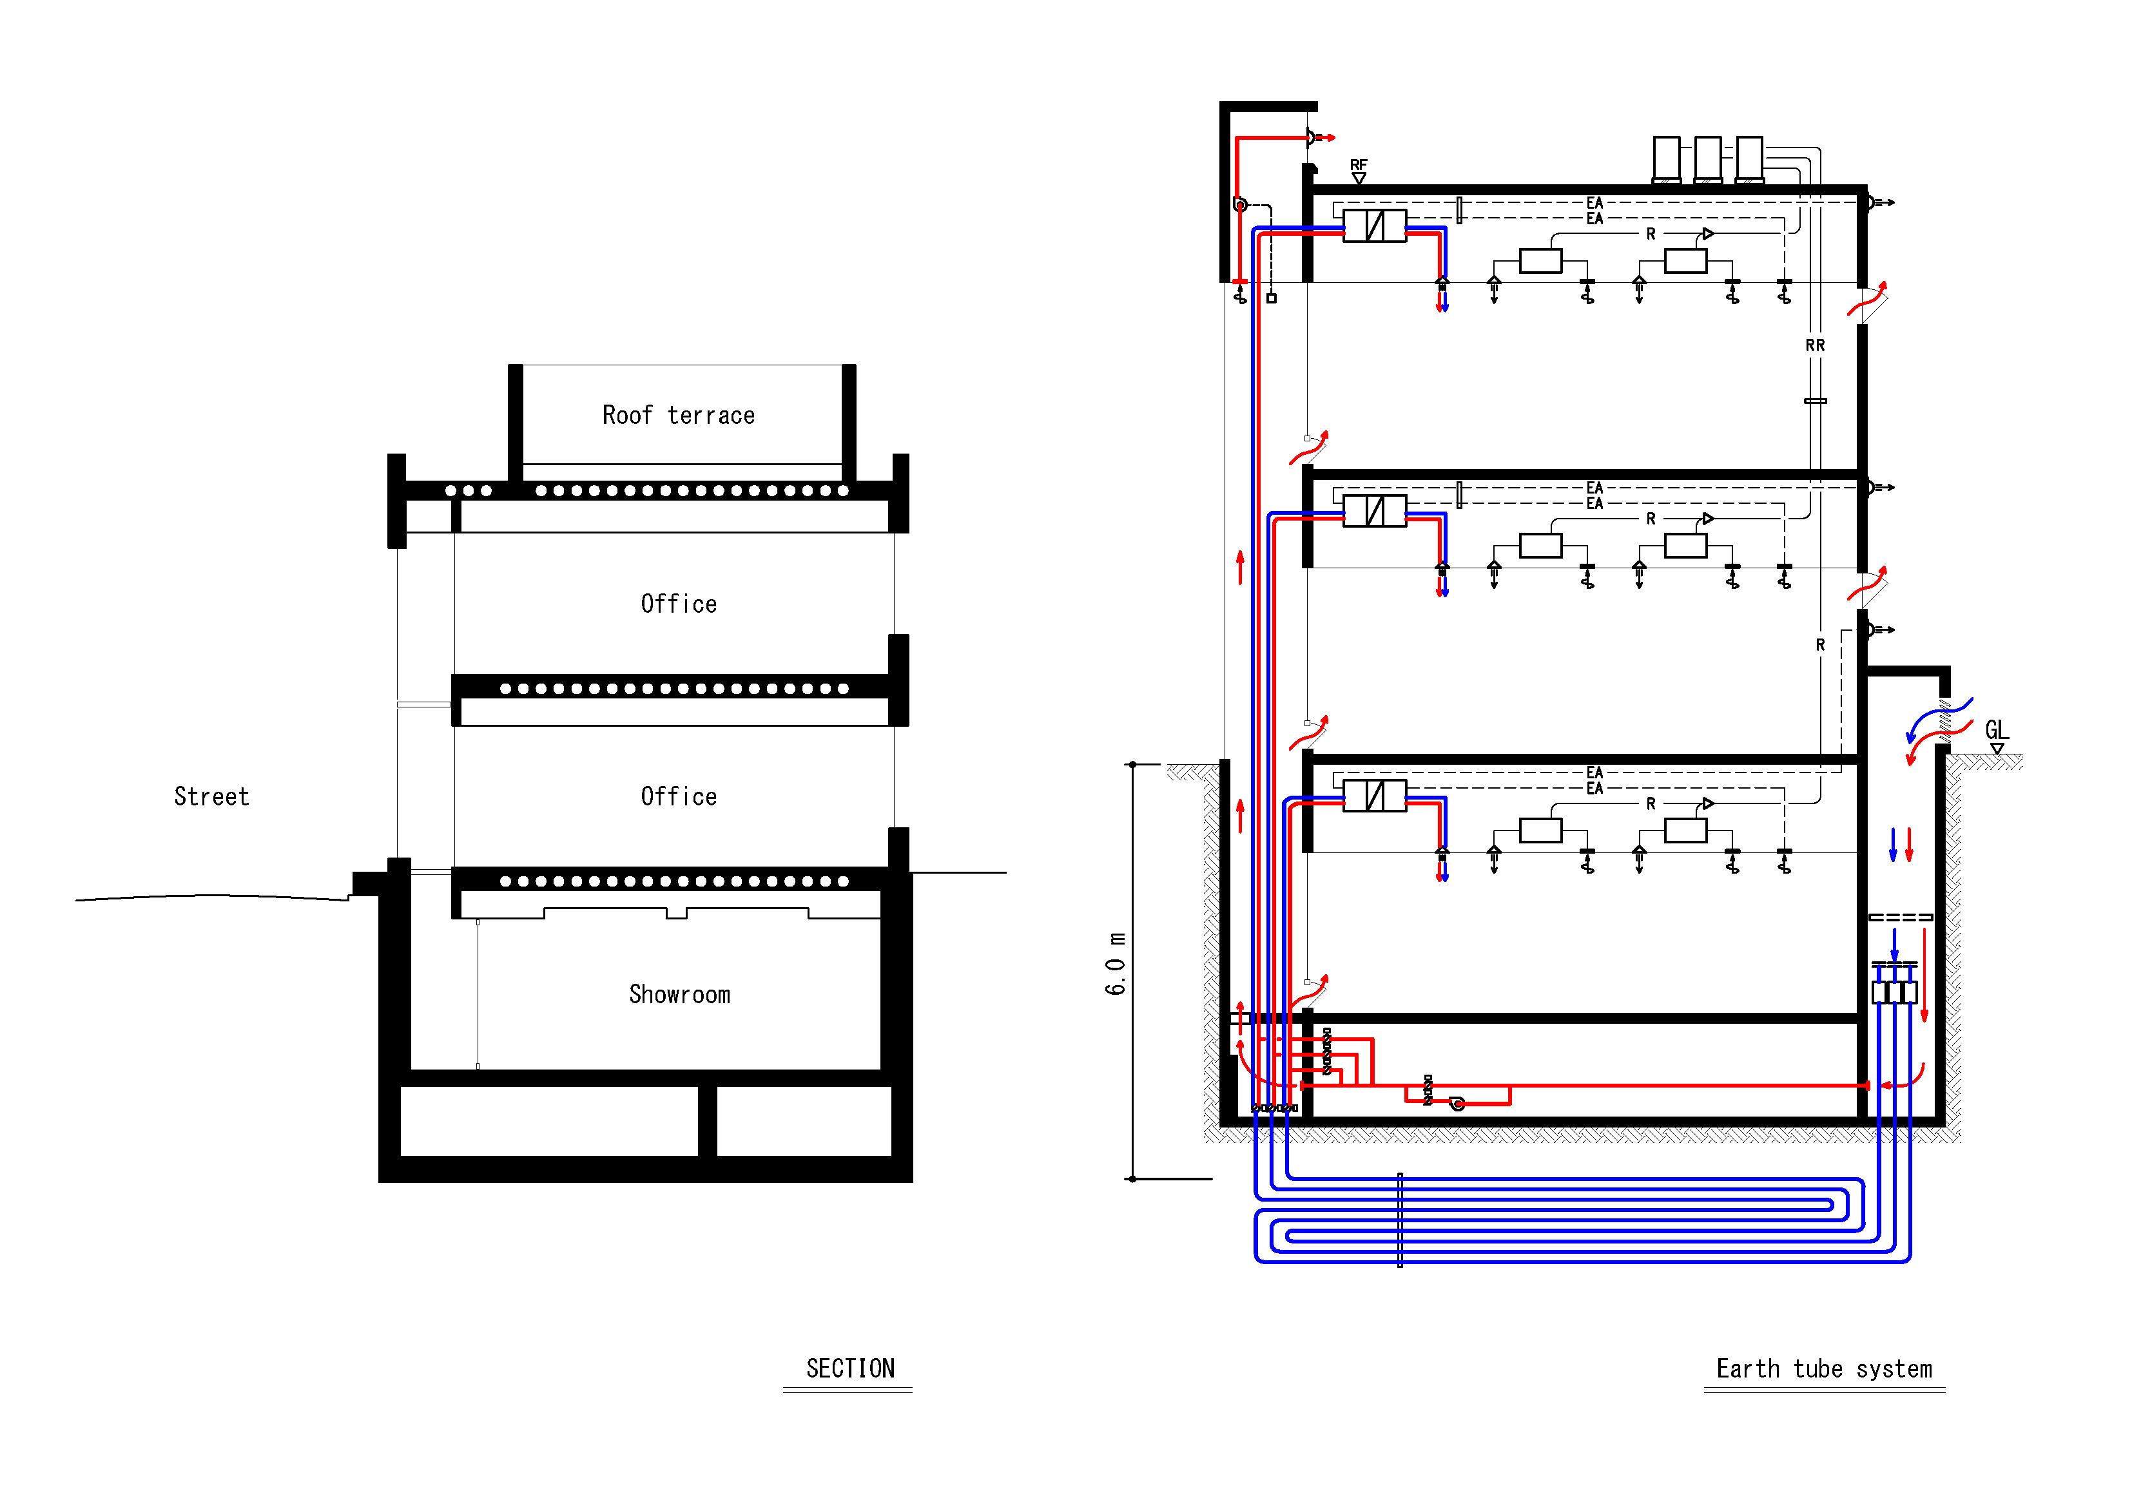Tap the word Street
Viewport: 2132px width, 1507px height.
[211, 797]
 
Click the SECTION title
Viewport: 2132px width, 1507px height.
[849, 1368]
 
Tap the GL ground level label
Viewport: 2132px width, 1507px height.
[1997, 730]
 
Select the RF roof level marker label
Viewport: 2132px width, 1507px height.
[1359, 166]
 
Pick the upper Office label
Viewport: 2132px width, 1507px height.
[679, 604]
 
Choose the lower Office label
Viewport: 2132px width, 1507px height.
[679, 797]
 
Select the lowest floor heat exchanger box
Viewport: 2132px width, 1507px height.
[1374, 796]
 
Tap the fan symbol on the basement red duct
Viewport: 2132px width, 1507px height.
[1457, 1103]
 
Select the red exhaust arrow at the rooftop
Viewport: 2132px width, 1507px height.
[1326, 137]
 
